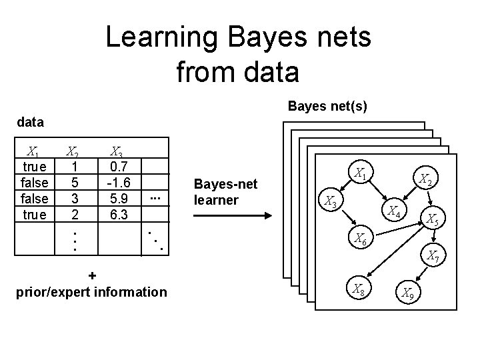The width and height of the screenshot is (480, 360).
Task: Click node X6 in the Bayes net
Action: click(361, 239)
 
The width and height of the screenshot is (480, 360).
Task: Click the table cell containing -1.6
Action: click(122, 182)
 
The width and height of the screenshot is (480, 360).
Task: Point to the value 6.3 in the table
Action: click(122, 214)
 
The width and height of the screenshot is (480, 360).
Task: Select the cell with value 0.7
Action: click(122, 166)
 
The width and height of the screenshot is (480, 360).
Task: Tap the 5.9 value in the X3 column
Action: click(122, 198)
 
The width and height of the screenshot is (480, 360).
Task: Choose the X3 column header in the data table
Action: click(116, 151)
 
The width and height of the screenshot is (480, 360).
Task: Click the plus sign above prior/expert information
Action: click(91, 275)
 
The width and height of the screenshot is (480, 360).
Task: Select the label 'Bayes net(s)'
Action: click(327, 106)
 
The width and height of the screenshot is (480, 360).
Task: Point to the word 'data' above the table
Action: click(31, 122)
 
